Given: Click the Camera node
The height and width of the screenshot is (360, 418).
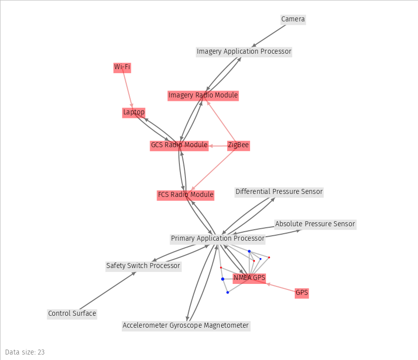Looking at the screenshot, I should (293, 19).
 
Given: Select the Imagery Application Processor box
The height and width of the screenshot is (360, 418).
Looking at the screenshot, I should (244, 51).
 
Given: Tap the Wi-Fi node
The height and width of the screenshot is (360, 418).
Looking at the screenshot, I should (122, 67).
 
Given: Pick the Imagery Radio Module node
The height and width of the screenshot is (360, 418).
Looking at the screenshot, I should (203, 95).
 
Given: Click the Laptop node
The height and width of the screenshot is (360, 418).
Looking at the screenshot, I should (134, 112).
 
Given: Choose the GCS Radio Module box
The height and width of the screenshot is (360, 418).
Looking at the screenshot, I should (179, 145).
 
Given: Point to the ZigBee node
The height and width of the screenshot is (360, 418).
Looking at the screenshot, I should (238, 145).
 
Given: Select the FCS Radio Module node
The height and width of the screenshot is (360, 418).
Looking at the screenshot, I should (185, 195).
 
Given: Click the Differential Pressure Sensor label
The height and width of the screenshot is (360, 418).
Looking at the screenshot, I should (279, 191).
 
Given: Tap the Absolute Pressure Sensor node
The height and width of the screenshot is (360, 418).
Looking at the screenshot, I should (315, 224).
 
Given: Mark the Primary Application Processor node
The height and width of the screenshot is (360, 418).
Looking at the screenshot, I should (218, 239).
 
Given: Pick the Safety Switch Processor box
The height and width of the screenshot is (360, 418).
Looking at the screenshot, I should (143, 266).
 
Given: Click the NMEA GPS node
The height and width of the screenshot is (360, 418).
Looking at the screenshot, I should (250, 277).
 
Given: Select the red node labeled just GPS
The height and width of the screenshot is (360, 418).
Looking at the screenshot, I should (302, 293).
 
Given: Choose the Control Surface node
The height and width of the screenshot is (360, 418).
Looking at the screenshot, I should (72, 314).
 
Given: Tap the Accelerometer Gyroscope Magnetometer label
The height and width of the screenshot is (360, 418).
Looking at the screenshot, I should (185, 326).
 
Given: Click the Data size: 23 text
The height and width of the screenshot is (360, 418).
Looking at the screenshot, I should (25, 352).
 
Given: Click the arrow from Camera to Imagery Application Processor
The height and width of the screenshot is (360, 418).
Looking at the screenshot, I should (269, 35).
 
